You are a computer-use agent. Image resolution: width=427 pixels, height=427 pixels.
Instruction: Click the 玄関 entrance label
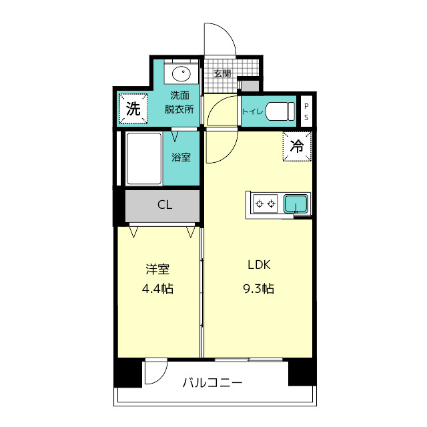coord(222,73)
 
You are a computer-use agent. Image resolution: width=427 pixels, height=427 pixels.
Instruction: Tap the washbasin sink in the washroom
coord(180,73)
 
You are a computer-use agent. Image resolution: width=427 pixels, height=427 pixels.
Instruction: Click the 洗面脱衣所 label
coord(179,103)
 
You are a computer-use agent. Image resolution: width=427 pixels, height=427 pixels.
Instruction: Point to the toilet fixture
coord(280,111)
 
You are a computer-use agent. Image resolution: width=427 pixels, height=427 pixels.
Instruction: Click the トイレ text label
coord(252,112)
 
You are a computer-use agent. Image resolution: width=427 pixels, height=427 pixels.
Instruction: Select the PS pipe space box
coord(306,111)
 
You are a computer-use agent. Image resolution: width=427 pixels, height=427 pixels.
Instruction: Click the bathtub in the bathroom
coord(144,158)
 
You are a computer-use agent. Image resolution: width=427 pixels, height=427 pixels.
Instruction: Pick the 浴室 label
coord(181,158)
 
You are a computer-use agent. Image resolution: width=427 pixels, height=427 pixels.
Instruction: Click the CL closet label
coord(164,205)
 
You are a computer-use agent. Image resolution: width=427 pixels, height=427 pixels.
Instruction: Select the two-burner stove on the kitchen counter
coord(265,203)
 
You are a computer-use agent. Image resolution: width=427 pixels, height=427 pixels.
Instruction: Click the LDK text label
coord(258,265)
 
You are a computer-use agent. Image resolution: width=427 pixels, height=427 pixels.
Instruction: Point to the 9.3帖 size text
coord(258,288)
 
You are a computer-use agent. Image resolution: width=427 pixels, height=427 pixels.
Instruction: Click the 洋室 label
coord(158,269)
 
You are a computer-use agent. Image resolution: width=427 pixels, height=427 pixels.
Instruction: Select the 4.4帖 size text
coord(158,289)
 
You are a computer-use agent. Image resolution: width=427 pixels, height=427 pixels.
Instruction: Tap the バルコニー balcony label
coord(213,384)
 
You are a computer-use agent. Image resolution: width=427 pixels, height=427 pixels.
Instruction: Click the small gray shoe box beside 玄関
coord(249,85)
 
